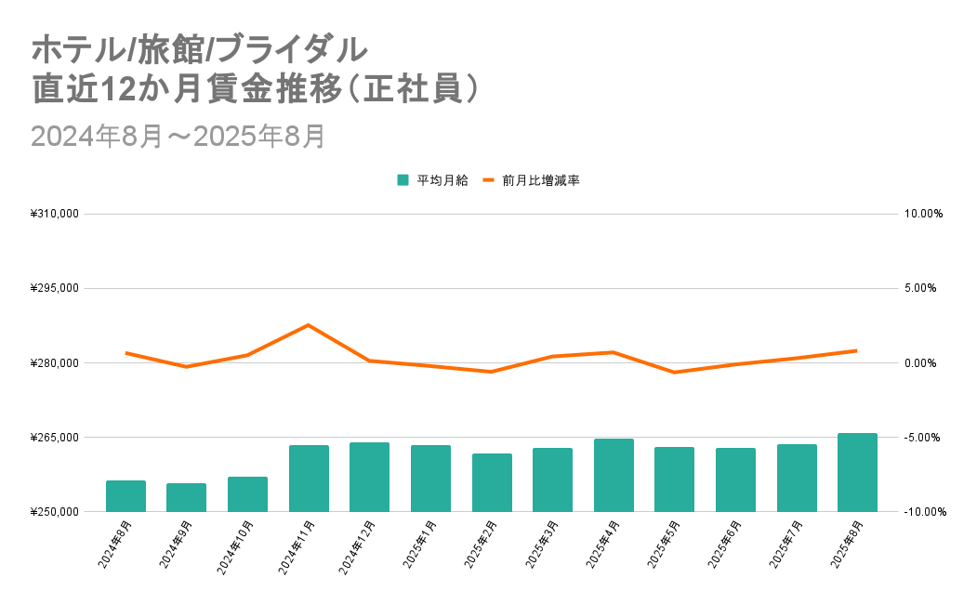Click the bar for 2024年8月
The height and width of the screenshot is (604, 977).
coord(125,496)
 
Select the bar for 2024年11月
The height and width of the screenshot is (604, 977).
coord(309,479)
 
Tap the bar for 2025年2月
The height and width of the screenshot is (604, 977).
coord(492,482)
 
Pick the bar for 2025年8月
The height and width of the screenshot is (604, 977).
coord(857,472)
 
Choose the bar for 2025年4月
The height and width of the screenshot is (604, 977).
coord(614,475)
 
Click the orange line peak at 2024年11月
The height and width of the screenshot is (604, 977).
coord(308,325)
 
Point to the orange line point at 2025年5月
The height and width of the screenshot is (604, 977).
coord(674,373)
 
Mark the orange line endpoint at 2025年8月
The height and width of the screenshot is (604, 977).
coord(856,350)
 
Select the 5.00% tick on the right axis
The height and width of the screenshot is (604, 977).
coord(923,288)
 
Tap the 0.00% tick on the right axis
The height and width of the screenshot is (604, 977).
coord(923,363)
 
